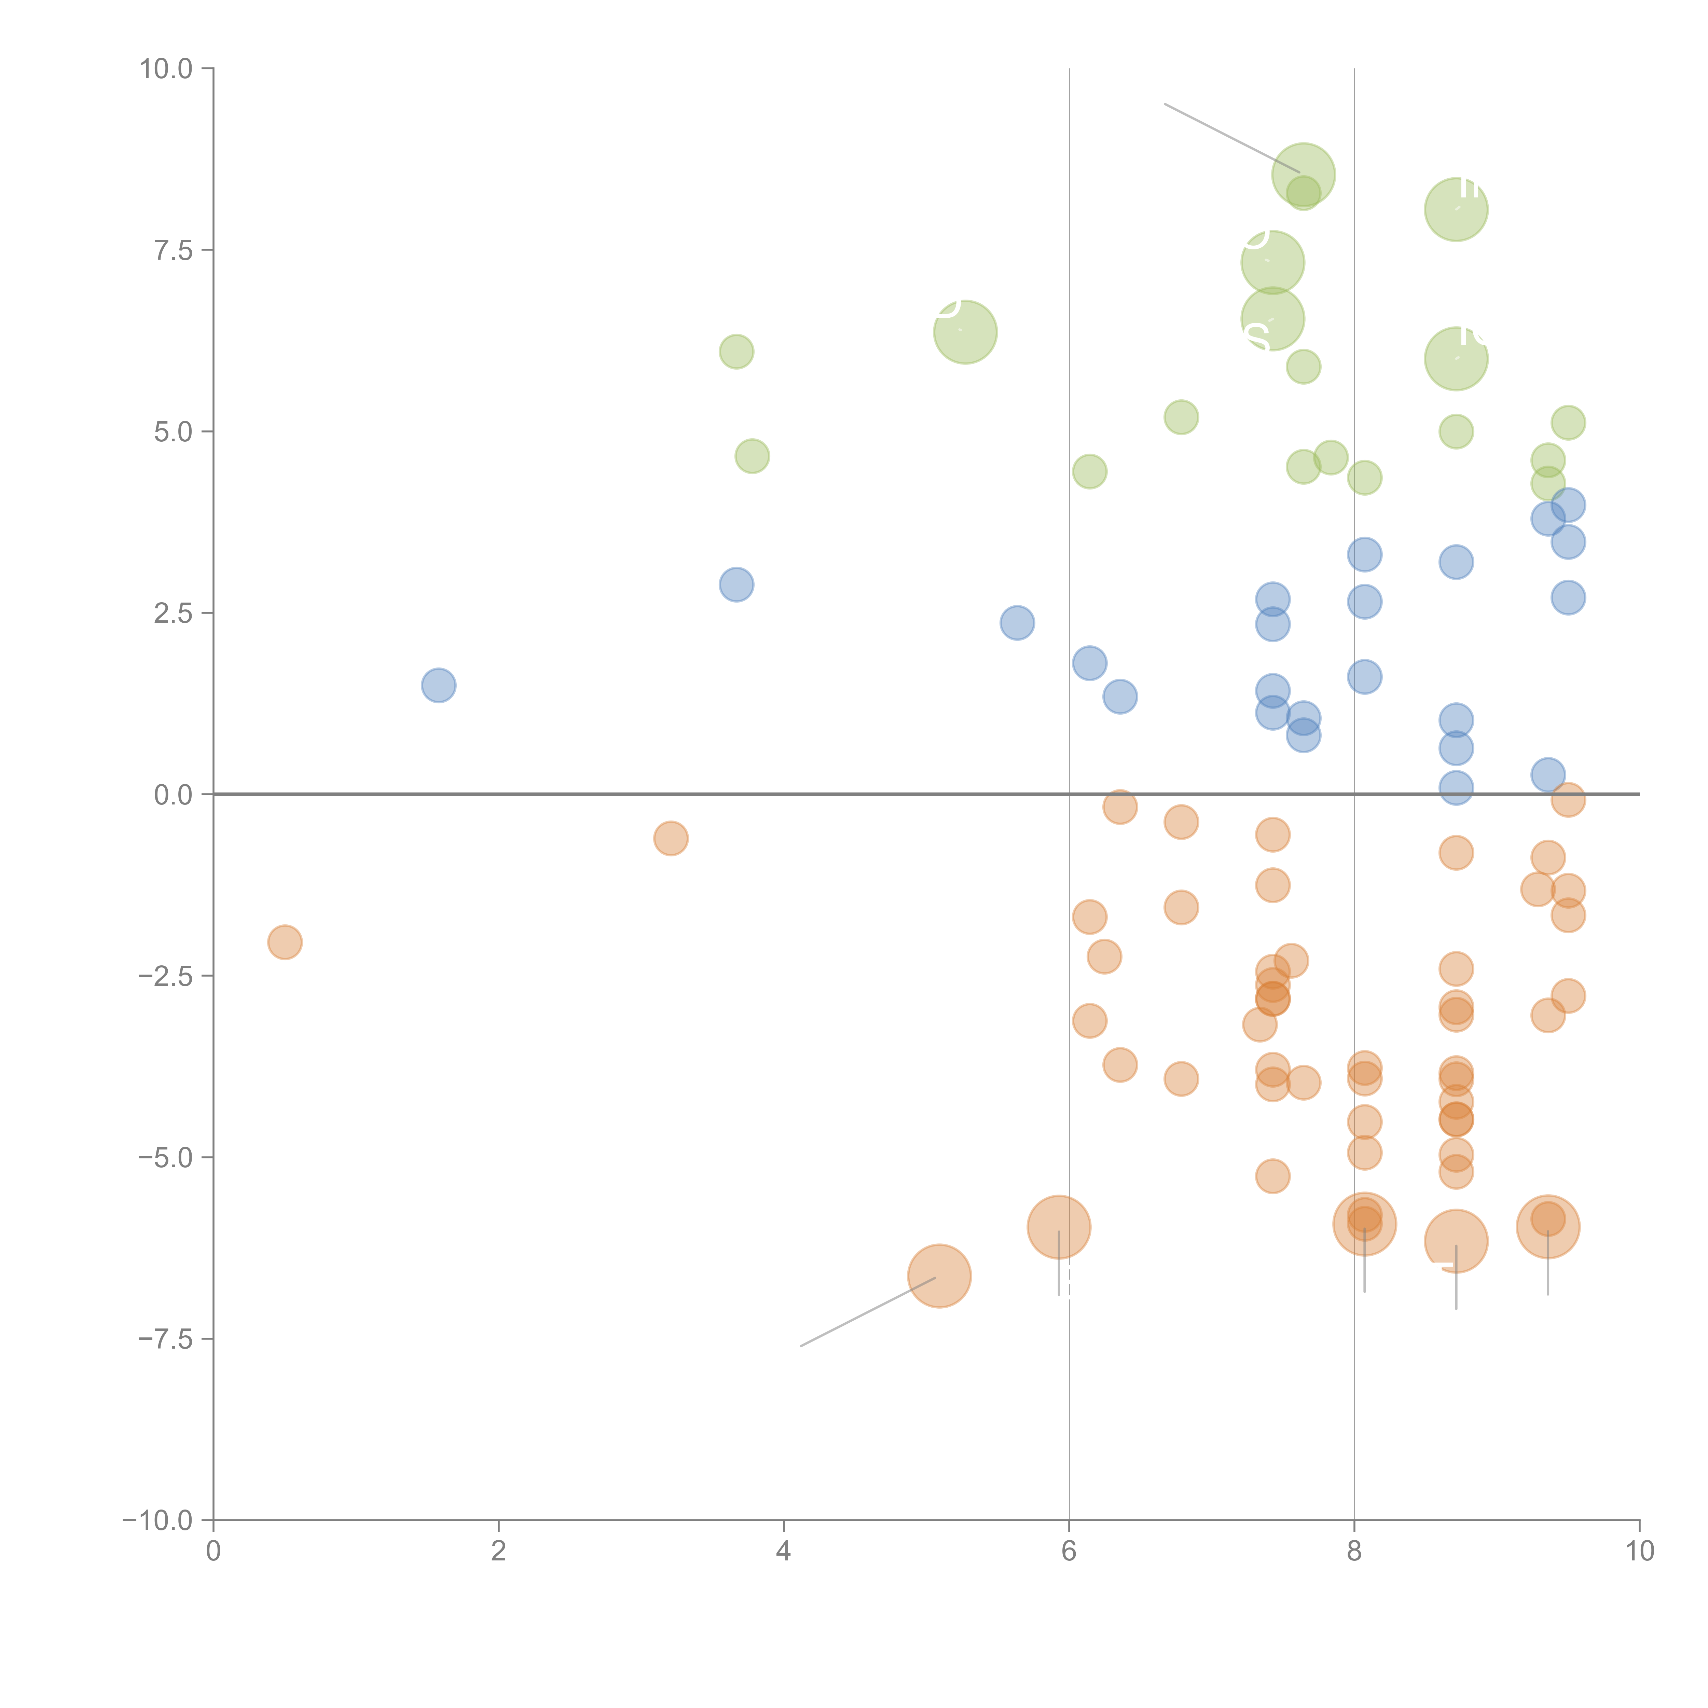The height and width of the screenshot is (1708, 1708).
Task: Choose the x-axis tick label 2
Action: pyautogui.click(x=499, y=1552)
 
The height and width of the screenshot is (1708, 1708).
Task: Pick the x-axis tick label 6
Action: pyautogui.click(x=1069, y=1552)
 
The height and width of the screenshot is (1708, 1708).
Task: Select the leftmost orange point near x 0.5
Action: pyautogui.click(x=285, y=942)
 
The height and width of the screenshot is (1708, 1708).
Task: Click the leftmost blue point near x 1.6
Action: pyautogui.click(x=439, y=685)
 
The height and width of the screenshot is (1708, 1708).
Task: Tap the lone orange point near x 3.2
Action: pyautogui.click(x=671, y=838)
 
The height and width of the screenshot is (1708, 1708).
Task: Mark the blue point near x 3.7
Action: pyautogui.click(x=736, y=584)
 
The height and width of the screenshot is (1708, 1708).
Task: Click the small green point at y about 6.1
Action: pyautogui.click(x=736, y=352)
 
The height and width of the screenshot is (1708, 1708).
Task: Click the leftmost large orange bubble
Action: pyautogui.click(x=940, y=1276)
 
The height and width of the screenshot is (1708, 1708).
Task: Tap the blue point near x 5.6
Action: pyautogui.click(x=1018, y=622)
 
